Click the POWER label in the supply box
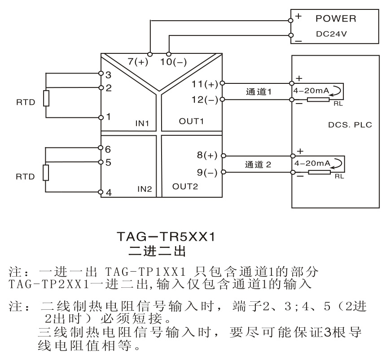click(336, 19)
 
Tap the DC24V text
click(331, 34)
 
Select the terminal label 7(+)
click(138, 61)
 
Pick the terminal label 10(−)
click(173, 62)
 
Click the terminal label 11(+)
click(205, 84)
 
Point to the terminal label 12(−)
click(205, 100)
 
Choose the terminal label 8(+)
click(207, 155)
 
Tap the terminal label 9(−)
click(207, 172)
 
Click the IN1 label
click(142, 123)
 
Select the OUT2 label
click(185, 187)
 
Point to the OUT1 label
click(191, 121)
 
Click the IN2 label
click(145, 189)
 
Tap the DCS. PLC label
click(350, 125)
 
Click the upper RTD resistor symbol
click(46, 98)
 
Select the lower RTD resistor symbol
click(46, 173)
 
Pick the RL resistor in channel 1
click(318, 100)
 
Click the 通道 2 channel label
click(258, 165)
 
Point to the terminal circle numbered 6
click(101, 148)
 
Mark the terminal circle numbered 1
click(101, 117)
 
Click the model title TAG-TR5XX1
click(166, 237)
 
